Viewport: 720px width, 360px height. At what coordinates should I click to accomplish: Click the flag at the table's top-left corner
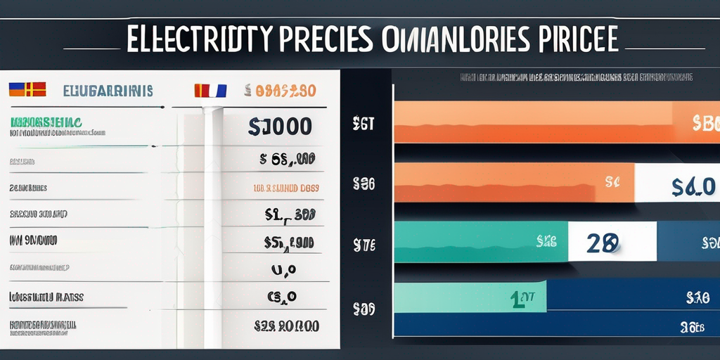tap(27, 89)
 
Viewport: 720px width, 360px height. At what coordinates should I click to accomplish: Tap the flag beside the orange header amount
tap(210, 90)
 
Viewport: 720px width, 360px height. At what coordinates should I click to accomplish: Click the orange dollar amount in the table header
tap(280, 90)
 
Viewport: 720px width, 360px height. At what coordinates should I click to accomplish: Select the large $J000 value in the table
tap(281, 127)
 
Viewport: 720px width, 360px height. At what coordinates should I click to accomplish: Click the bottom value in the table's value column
tap(286, 326)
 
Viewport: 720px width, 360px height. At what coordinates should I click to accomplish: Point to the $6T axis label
tap(363, 124)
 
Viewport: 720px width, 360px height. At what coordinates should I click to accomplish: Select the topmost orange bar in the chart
tap(534, 122)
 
